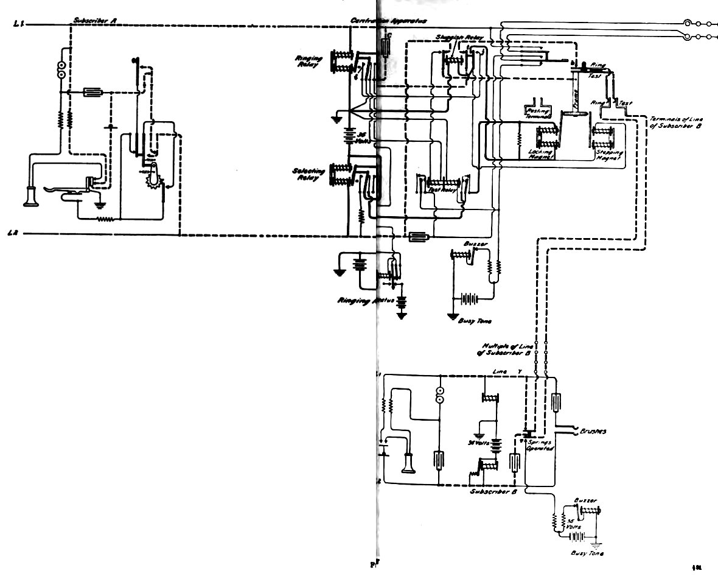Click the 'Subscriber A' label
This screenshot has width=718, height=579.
point(94,20)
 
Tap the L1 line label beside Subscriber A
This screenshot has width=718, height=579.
point(19,24)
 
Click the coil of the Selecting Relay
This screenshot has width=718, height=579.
point(341,175)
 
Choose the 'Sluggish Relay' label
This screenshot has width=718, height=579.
point(459,38)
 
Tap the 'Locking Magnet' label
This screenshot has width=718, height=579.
point(541,153)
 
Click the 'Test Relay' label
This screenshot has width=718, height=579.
point(442,190)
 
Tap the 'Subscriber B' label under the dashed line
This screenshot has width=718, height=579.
point(493,491)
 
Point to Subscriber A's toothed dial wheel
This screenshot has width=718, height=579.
point(153,178)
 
